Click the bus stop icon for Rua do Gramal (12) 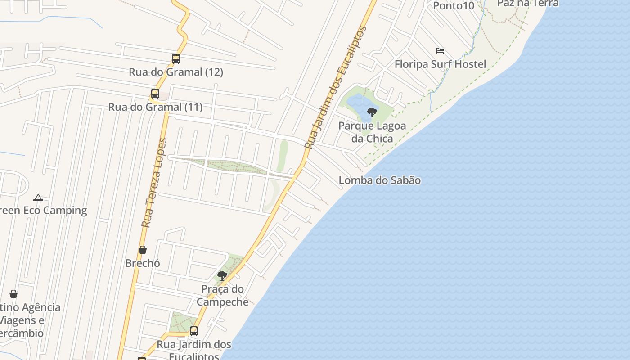coord(176,58)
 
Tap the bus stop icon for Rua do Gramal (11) coord(155,94)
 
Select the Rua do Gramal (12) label coord(176,72)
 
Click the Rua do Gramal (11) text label coord(155,107)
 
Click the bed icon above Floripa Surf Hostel coord(440,50)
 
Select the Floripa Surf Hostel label coord(440,64)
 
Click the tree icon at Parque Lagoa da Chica coord(372,112)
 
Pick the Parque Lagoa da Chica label coord(372,132)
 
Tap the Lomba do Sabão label coord(380,180)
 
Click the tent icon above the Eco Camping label coord(38,197)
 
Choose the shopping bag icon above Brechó coord(143,250)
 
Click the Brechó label coord(143,263)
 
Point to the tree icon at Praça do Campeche coord(222,275)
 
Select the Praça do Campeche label coord(222,295)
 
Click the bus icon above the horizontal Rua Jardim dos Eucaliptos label coord(194,331)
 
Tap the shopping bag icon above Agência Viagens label coord(13,294)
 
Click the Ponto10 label coord(454,6)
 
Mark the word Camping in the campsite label coord(64,211)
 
